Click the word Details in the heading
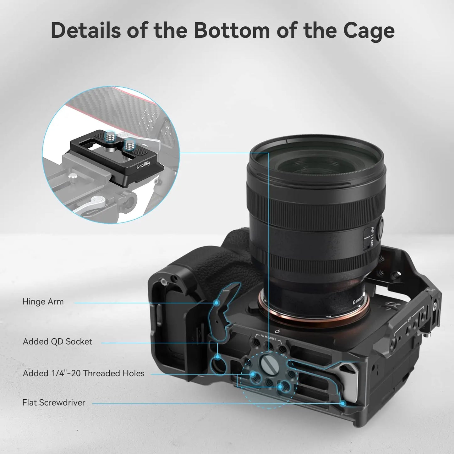click(86, 30)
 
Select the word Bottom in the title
click(232, 30)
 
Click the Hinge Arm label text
click(43, 302)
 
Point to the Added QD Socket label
click(57, 342)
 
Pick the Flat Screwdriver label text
click(54, 402)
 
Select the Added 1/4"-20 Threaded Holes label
click(84, 373)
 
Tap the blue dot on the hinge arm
click(216, 303)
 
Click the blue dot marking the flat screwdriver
click(343, 403)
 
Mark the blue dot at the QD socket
click(217, 357)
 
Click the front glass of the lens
click(317, 163)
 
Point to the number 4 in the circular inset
click(167, 128)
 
